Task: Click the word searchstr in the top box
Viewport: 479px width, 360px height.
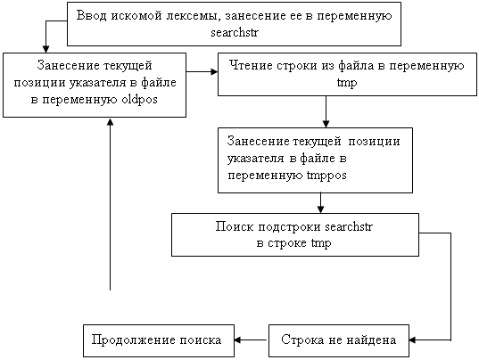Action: coord(235,33)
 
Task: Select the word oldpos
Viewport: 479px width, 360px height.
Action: coord(140,100)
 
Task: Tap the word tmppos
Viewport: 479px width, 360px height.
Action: coord(326,176)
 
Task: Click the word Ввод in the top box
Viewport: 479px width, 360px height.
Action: coord(92,15)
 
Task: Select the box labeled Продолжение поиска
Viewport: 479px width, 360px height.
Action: coord(159,340)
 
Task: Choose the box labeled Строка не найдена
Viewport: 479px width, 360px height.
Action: coord(339,340)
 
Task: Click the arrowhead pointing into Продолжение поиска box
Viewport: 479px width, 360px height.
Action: coord(238,340)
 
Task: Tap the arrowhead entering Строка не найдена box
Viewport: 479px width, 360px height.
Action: coord(413,340)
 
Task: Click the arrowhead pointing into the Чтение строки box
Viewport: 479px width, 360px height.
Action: coord(214,72)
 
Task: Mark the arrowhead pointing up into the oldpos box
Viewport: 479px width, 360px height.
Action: coord(111,121)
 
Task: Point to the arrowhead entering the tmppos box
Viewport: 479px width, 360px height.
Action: coord(326,124)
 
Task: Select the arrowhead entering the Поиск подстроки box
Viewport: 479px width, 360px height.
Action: coord(320,209)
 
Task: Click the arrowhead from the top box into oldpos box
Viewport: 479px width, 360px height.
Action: coord(45,49)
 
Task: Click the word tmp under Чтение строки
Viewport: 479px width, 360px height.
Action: coord(347,83)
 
